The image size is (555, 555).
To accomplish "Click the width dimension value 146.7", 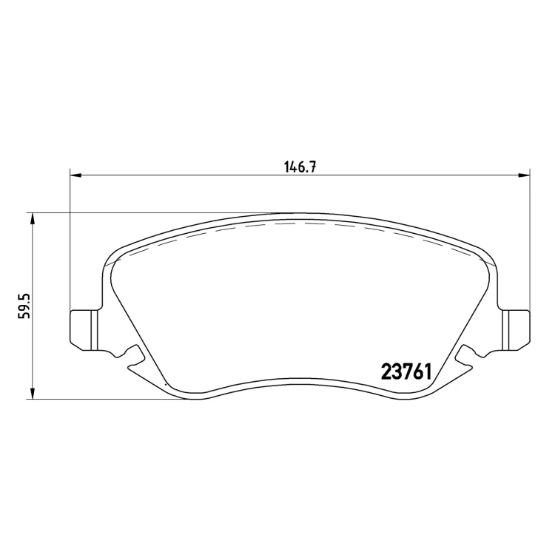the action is (x=300, y=166).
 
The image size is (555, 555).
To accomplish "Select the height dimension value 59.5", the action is (x=25, y=306).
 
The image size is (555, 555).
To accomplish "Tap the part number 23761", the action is (x=406, y=372).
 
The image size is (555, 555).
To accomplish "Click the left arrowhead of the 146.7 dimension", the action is (x=75, y=175).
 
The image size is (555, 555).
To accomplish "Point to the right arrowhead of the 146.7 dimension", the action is (x=524, y=175).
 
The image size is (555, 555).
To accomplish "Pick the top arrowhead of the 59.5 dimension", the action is (x=33, y=219).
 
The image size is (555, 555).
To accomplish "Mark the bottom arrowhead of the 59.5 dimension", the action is (x=33, y=394).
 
